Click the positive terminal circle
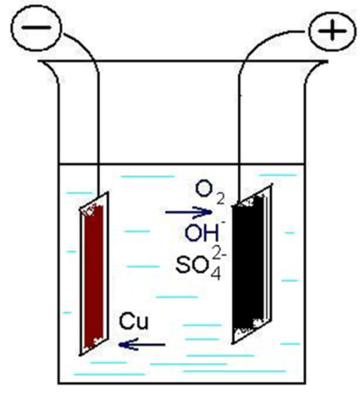click(x=332, y=30)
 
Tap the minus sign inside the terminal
click(x=36, y=27)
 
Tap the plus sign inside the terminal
click(x=332, y=31)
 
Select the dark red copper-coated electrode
click(x=94, y=274)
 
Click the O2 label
click(x=210, y=193)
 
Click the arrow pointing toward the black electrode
click(x=188, y=212)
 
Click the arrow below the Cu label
click(x=141, y=344)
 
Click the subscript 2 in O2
click(x=220, y=199)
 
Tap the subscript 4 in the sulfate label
click(x=216, y=275)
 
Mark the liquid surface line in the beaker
click(x=182, y=164)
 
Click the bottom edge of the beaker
click(x=182, y=383)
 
